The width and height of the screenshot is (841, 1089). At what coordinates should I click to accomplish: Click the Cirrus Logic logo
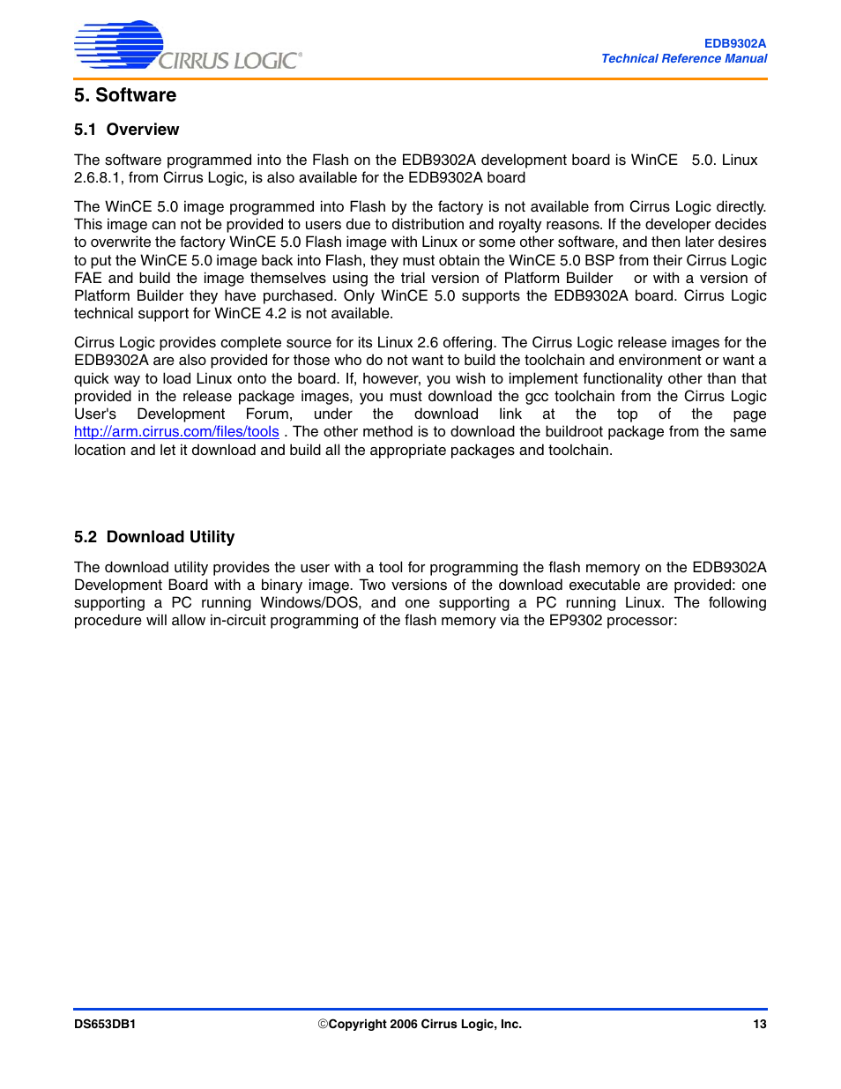(187, 47)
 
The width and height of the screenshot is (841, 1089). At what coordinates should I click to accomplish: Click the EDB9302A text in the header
(734, 43)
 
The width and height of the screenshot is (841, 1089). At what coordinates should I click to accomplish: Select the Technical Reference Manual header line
(684, 58)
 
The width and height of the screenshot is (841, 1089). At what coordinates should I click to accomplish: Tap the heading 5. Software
(125, 95)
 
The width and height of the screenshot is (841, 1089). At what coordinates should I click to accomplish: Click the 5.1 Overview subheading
(126, 130)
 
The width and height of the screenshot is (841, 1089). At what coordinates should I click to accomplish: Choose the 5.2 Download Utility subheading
(154, 537)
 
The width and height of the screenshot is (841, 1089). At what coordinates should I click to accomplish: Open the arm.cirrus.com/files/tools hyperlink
(176, 432)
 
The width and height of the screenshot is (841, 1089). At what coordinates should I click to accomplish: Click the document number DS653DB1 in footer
(105, 1025)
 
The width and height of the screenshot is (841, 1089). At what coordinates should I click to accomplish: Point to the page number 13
(759, 1025)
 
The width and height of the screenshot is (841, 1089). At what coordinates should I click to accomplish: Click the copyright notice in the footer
(420, 1025)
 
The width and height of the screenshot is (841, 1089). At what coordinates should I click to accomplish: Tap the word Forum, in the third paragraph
(269, 414)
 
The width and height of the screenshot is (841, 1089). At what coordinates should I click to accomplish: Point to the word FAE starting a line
(87, 279)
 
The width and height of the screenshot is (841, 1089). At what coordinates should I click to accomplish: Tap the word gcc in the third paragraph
(536, 397)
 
